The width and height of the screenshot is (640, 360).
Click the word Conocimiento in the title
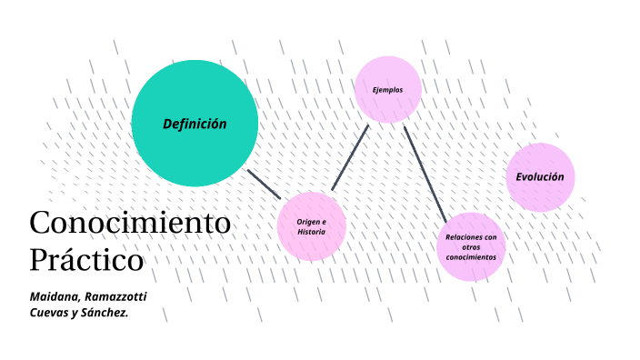130,222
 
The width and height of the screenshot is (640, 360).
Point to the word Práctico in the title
86,259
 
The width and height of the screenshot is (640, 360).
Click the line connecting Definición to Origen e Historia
264,183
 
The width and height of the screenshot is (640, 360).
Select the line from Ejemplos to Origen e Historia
350,157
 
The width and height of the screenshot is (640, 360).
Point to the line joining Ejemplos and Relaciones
425,173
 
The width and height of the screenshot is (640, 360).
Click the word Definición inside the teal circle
195,124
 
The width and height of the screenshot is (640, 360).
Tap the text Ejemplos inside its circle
387,90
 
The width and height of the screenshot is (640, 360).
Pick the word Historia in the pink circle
311,232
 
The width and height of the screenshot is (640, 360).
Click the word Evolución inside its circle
540,177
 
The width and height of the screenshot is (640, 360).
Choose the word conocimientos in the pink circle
471,257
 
